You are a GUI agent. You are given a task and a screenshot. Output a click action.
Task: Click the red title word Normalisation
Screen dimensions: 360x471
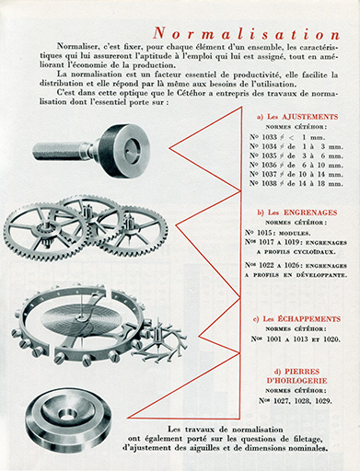pyautogui.click(x=239, y=31)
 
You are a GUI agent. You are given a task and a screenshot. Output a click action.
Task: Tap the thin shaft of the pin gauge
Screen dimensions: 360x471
pyautogui.click(x=59, y=150)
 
